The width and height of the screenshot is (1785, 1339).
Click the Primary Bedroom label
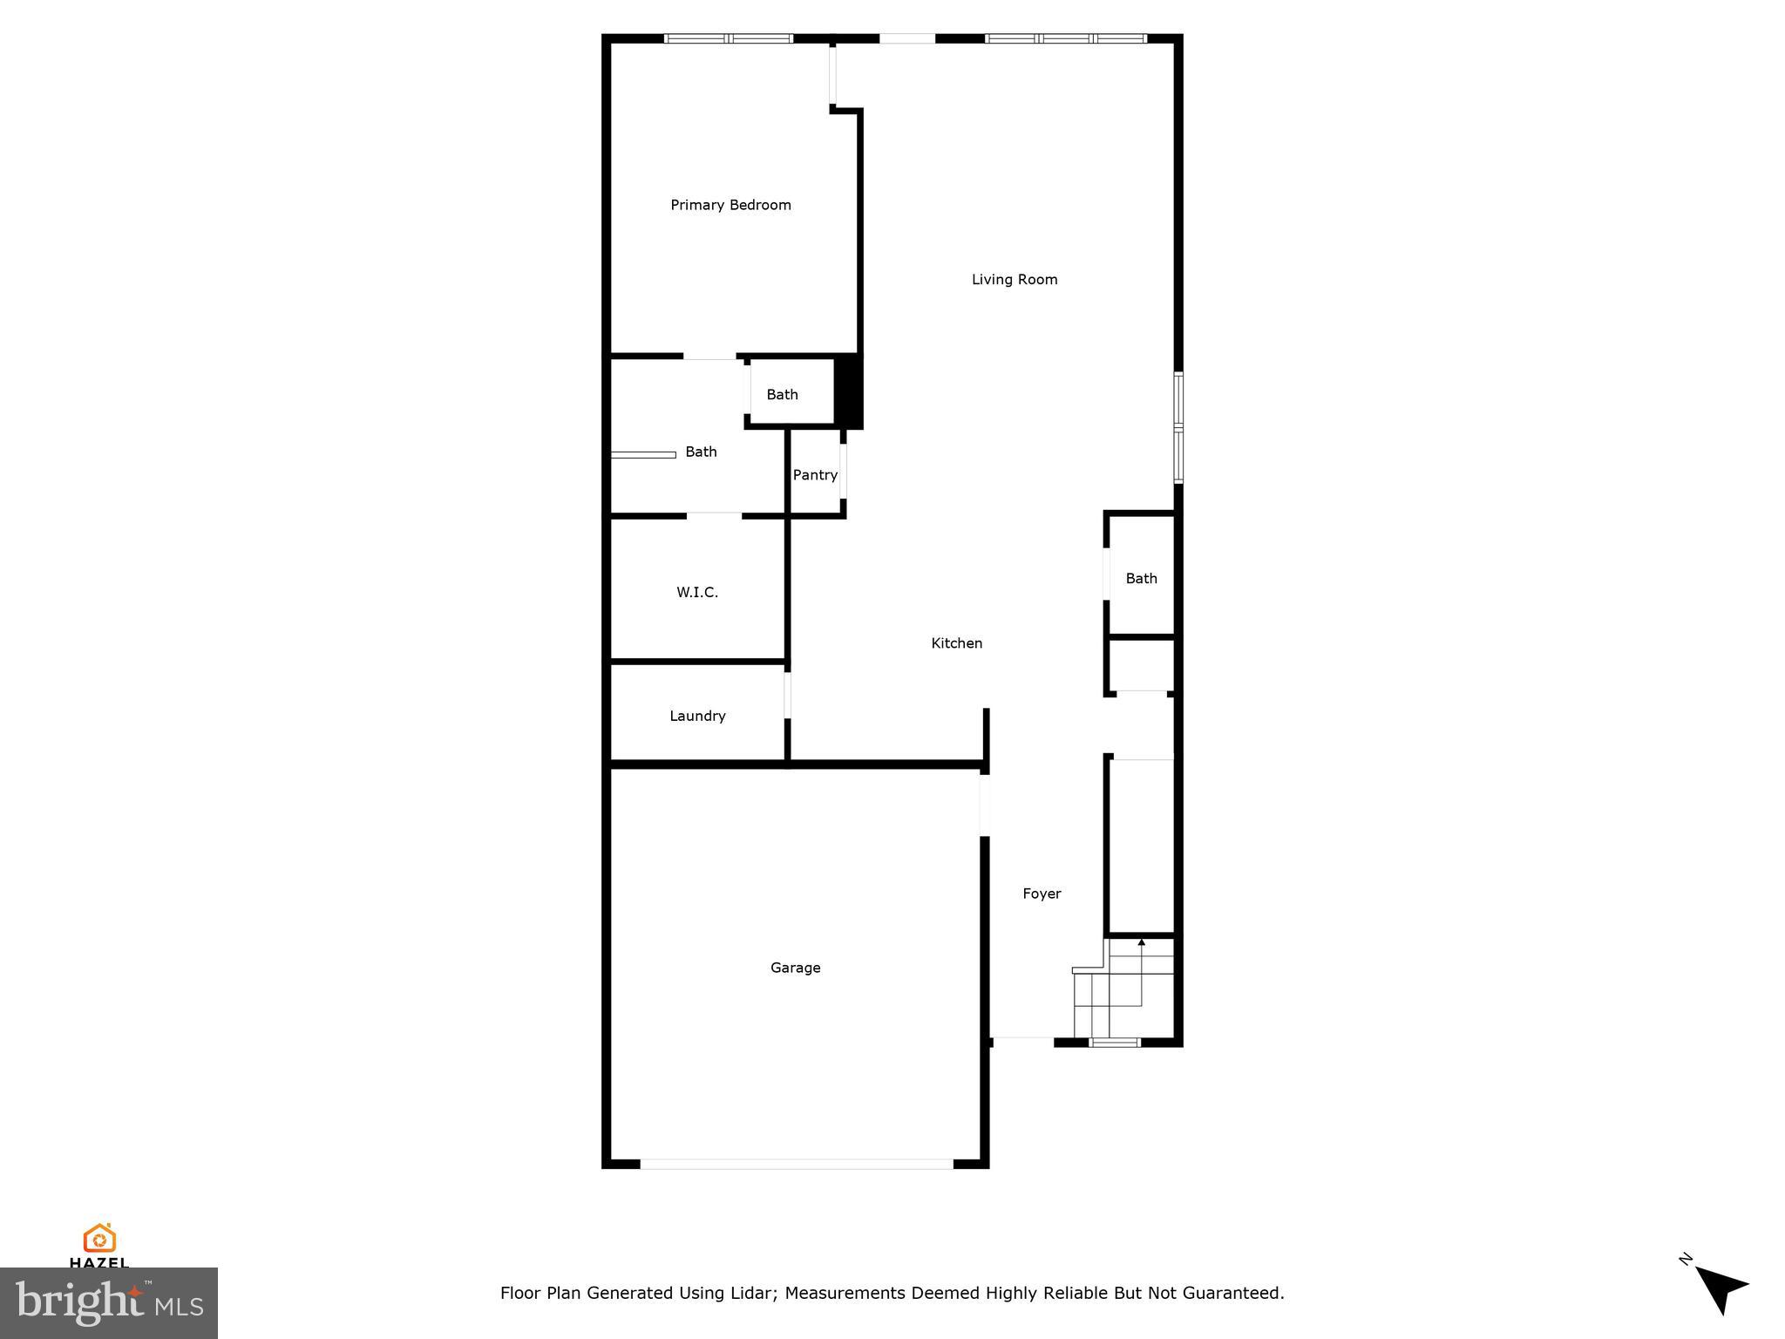coord(730,205)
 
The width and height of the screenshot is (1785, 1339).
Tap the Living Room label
coord(1015,280)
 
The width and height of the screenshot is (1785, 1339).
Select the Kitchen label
coord(956,643)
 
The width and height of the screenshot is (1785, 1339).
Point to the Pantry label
coord(815,475)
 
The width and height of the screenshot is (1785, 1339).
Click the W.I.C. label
coord(697,593)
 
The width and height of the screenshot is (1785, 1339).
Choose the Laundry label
coord(697,717)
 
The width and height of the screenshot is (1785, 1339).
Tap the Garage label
coord(795,968)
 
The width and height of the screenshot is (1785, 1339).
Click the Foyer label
coord(1042,894)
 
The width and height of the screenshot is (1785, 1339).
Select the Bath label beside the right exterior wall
coord(1141,579)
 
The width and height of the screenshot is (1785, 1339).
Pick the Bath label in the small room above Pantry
coord(782,395)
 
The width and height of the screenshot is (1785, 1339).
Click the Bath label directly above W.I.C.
coord(701,452)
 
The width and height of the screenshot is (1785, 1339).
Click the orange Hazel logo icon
coord(99,1238)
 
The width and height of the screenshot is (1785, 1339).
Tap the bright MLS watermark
coord(109,1303)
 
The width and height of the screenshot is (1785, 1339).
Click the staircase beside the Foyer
coord(1124,989)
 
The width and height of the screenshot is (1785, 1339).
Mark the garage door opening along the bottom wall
coord(797,1164)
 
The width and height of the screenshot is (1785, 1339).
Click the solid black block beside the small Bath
coord(848,391)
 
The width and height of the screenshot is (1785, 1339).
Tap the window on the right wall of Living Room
coord(1178,427)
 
